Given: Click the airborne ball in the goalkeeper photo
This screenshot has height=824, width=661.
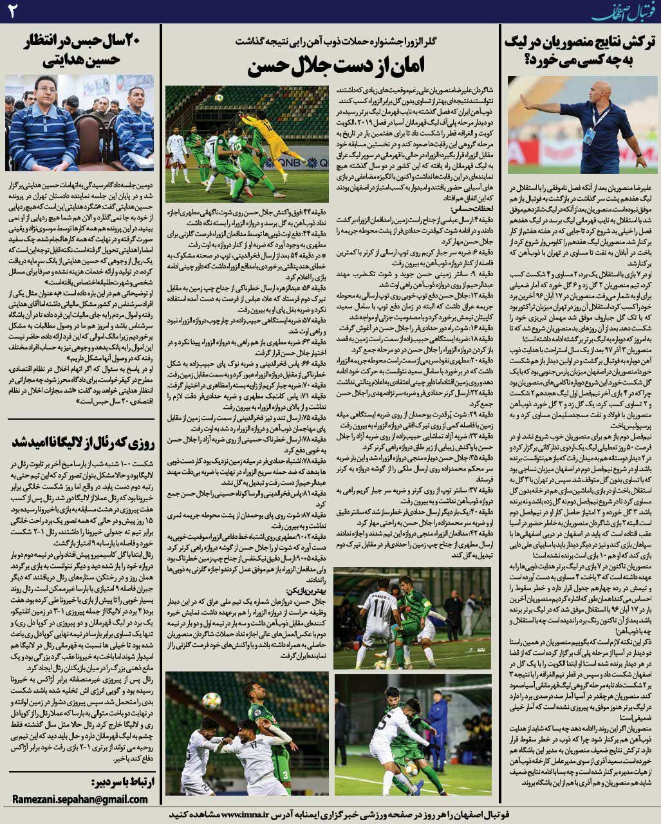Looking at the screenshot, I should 219,97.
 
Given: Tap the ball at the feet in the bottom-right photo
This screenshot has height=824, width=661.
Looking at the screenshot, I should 411,768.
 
